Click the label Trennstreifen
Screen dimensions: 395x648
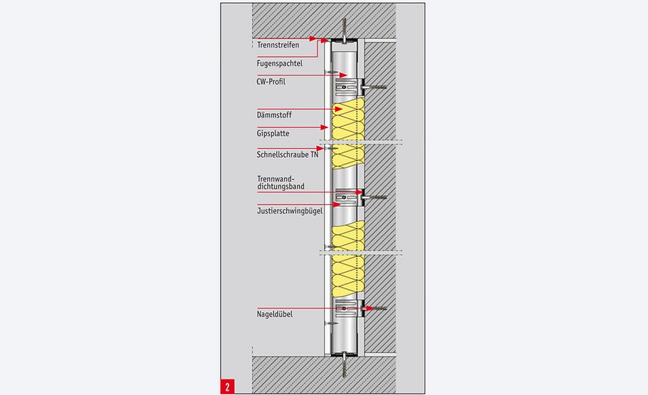pyautogui.click(x=277, y=45)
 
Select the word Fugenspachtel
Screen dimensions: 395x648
pyautogui.click(x=279, y=63)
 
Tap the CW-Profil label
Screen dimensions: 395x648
pyautogui.click(x=273, y=81)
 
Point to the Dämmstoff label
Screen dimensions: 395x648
pyautogui.click(x=273, y=115)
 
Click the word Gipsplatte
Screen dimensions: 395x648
pyautogui.click(x=273, y=133)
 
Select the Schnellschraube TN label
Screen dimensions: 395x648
pyautogui.click(x=287, y=154)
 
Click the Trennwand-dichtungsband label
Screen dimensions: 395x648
pyautogui.click(x=281, y=182)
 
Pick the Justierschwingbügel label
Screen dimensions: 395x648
pyautogui.click(x=290, y=211)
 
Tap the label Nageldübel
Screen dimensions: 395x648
pyautogui.click(x=275, y=314)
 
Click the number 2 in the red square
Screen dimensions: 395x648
pyautogui.click(x=227, y=386)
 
